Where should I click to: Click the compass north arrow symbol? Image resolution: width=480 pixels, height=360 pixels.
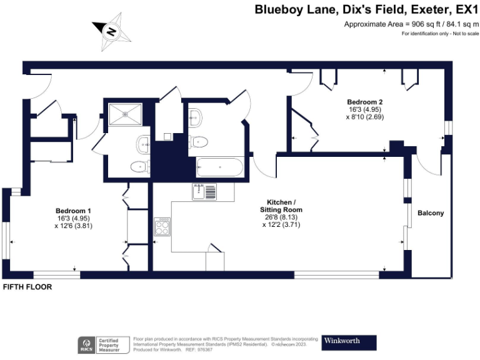click(111, 31)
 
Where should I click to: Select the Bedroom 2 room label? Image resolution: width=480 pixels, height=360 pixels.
click(365, 102)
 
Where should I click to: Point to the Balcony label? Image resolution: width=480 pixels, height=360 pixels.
click(431, 213)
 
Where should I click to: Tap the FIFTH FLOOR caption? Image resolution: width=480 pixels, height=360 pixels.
click(27, 287)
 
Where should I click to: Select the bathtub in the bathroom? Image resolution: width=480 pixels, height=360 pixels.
click(219, 167)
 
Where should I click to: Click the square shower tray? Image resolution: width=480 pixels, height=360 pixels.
click(126, 113)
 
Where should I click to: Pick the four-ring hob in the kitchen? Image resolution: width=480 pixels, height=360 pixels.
click(162, 226)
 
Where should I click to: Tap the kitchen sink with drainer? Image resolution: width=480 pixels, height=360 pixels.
click(205, 192)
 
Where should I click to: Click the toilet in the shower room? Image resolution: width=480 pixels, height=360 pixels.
click(139, 167)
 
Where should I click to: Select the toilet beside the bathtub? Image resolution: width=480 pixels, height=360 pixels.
click(199, 141)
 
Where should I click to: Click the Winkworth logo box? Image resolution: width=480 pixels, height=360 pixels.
click(349, 342)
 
